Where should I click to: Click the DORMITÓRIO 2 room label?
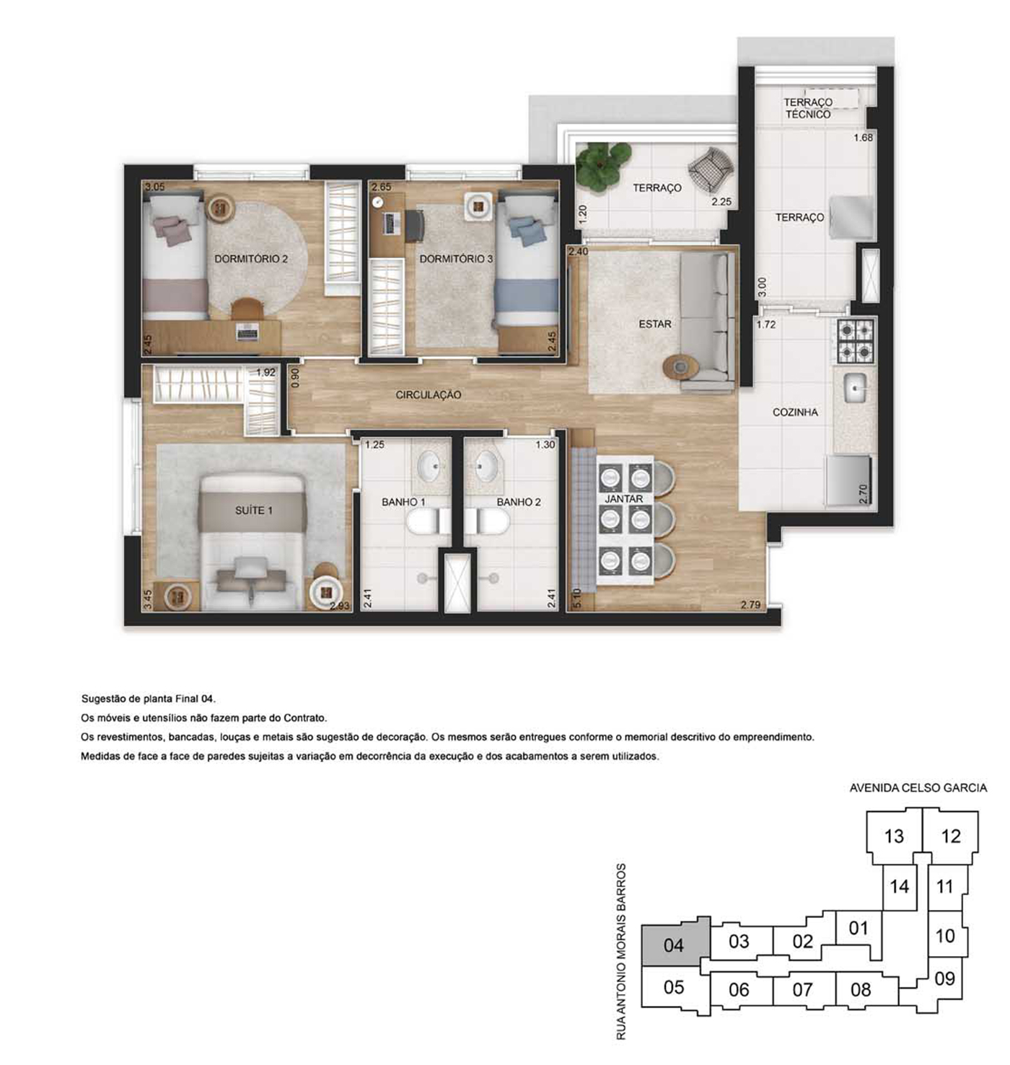point(251,259)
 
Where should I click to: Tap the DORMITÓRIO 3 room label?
point(456,259)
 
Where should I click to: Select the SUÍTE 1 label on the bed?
point(254,511)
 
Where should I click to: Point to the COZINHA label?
point(795,412)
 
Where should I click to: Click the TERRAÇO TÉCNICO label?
point(808,108)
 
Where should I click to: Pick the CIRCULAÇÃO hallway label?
point(429,395)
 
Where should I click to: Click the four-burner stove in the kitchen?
point(856,341)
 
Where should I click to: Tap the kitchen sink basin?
point(856,388)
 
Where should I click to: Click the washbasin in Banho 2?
point(486,465)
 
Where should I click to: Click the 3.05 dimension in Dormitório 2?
point(154,187)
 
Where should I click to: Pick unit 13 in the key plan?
point(893,836)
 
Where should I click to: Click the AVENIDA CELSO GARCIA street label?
point(918,788)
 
